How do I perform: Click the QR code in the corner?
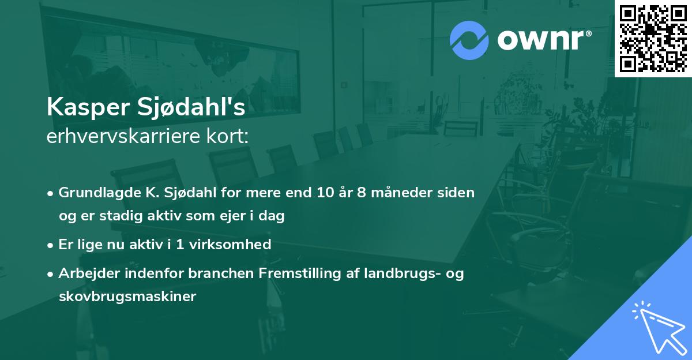click(653, 39)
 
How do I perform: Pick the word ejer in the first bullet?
click(235, 216)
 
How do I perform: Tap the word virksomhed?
click(234, 245)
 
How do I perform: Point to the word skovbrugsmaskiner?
click(127, 297)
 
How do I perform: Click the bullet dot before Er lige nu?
click(51, 245)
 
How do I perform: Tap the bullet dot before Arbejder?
click(51, 274)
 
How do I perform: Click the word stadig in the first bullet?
click(119, 216)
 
